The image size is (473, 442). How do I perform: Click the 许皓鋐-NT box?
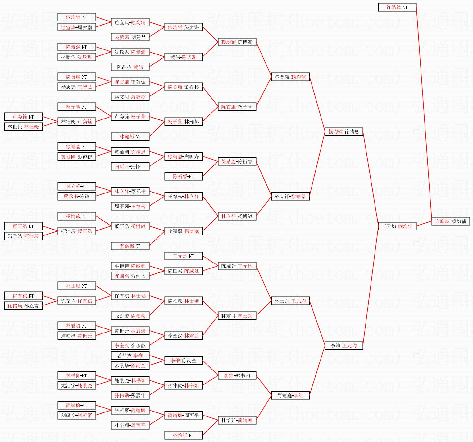pos(397,7)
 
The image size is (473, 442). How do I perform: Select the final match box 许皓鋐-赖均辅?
pos(450,221)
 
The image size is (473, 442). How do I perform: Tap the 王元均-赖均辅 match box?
pos(397,226)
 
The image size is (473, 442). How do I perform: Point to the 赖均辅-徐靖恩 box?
pos(343,132)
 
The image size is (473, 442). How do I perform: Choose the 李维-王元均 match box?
pos(343,346)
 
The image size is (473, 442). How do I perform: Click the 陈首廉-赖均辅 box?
pos(290,77)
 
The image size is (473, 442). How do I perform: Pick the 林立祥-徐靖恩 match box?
pos(290,196)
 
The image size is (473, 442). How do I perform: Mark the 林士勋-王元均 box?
pos(290,301)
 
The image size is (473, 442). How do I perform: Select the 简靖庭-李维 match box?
pos(290,395)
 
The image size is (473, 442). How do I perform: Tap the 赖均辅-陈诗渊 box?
pos(237,42)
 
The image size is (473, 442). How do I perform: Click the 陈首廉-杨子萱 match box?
pos(237,107)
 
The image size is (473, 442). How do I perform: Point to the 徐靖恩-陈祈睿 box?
pos(237,161)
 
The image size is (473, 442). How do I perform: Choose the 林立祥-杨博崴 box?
pos(237,216)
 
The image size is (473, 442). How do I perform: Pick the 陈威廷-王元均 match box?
pos(237,266)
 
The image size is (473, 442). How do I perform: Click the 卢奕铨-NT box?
pos(23,117)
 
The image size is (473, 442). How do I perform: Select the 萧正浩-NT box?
pos(23,226)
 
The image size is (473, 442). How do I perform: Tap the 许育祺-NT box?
pos(23,296)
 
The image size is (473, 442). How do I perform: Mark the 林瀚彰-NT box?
pos(130,137)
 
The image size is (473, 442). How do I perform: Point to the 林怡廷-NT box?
pos(183,435)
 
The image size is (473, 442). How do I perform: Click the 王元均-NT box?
pos(183,256)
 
